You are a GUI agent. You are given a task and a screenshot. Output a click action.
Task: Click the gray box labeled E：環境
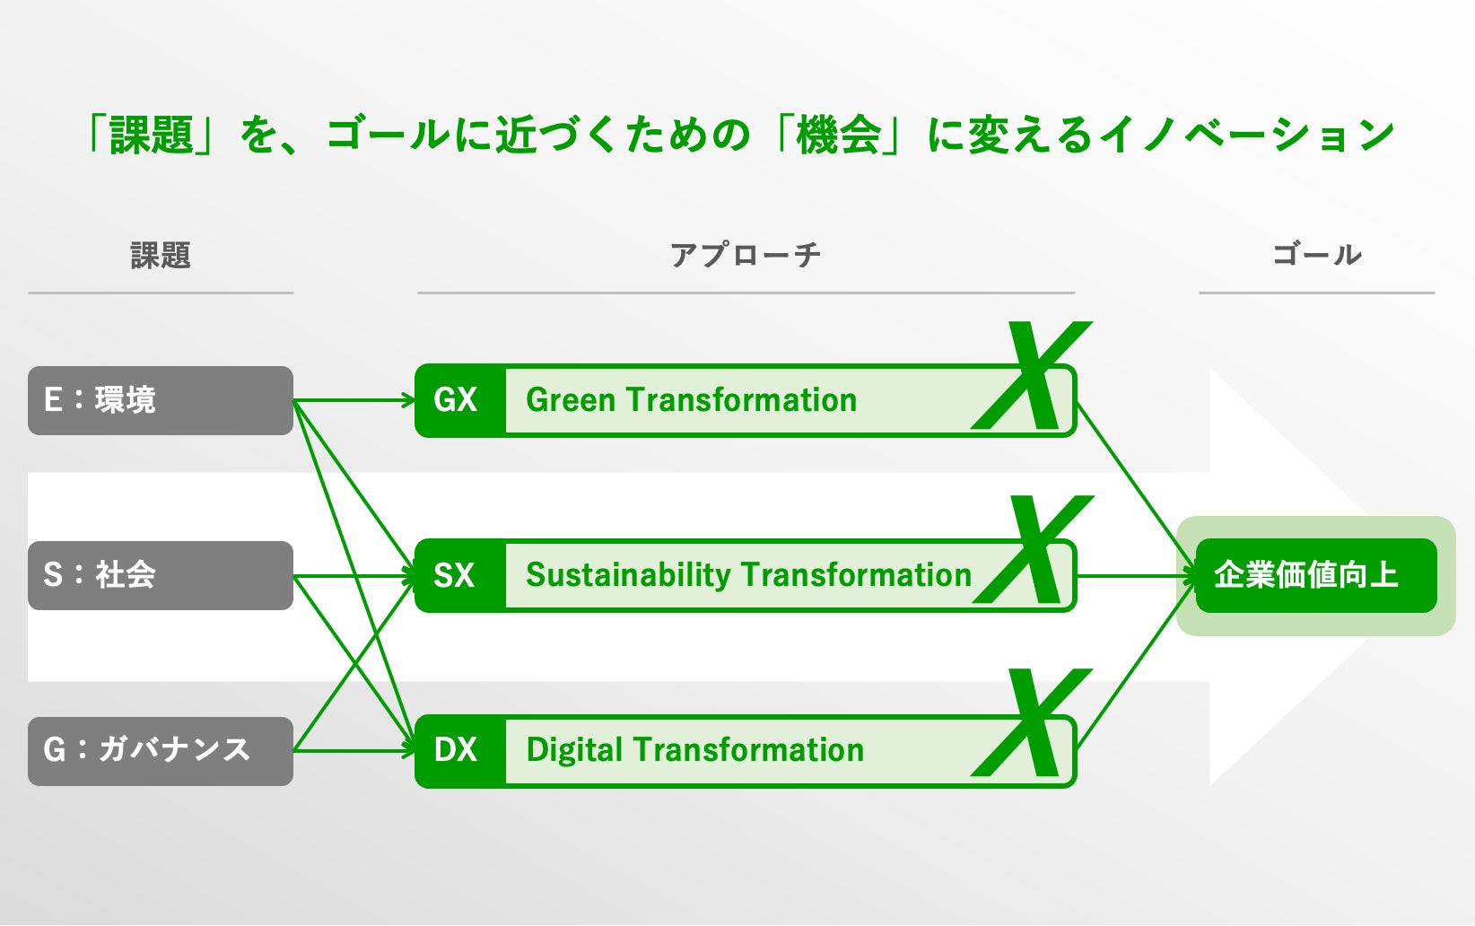point(160,400)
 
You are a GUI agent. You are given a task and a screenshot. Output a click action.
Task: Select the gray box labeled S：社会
point(160,575)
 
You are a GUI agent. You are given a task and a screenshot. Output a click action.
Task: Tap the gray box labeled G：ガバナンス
point(160,751)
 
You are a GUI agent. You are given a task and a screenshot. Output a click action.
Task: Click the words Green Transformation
point(691,400)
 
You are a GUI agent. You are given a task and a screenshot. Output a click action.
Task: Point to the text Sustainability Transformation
point(748,575)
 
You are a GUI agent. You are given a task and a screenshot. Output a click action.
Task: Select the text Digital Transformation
point(694,750)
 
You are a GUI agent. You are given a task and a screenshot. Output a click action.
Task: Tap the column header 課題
point(161,256)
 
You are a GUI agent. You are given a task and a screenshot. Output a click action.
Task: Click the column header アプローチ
point(745,256)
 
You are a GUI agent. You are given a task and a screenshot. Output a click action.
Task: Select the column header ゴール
point(1317,256)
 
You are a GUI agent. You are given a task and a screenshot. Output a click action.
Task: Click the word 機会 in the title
point(838,135)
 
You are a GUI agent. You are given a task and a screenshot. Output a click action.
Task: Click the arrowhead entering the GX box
point(408,400)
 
